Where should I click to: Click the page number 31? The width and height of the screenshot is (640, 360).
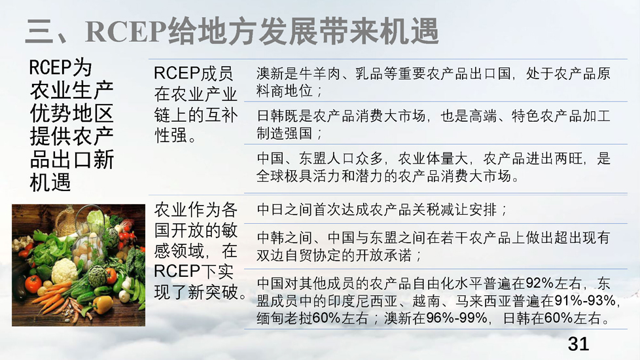tap(578, 344)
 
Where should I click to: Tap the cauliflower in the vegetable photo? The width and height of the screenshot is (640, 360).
tap(65, 270)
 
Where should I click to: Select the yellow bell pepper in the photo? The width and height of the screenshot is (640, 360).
tap(103, 304)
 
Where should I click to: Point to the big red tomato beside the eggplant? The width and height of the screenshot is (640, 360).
tap(33, 283)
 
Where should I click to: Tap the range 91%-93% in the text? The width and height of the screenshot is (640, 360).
tap(585, 301)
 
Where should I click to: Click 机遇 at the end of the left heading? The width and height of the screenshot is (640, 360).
tap(50, 183)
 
